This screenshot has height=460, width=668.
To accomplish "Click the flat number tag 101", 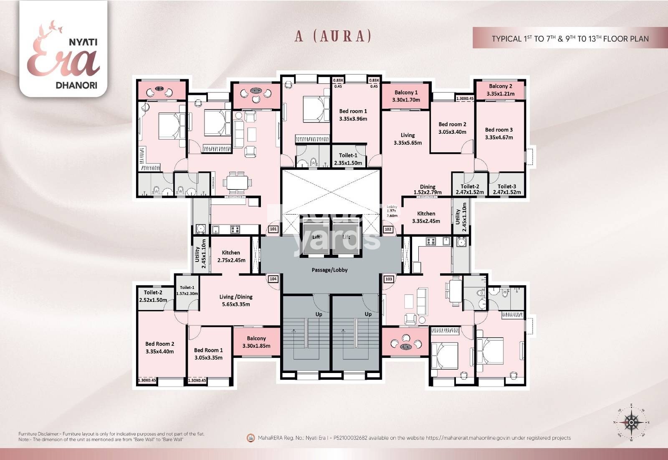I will (x=273, y=229).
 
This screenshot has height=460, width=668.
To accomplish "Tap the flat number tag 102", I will (x=388, y=229).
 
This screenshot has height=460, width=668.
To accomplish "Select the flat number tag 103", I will (x=389, y=279).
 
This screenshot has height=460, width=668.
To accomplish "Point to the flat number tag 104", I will (x=273, y=279).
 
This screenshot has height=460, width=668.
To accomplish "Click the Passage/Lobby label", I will (x=329, y=270).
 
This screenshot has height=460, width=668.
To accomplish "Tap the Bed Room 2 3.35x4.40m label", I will (x=159, y=348).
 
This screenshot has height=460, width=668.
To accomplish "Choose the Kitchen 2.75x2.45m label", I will (x=231, y=256).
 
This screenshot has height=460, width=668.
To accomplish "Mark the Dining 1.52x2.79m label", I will (x=428, y=189).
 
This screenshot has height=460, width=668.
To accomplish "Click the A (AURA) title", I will (x=333, y=36).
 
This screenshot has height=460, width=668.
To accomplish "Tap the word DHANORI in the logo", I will (x=76, y=85).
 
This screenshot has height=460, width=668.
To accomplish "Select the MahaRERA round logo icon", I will (x=250, y=438).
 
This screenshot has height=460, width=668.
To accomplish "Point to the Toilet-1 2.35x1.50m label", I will (x=348, y=159).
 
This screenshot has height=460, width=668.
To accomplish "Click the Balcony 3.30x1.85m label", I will (x=256, y=342).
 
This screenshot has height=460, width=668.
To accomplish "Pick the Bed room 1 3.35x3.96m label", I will (x=353, y=115).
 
